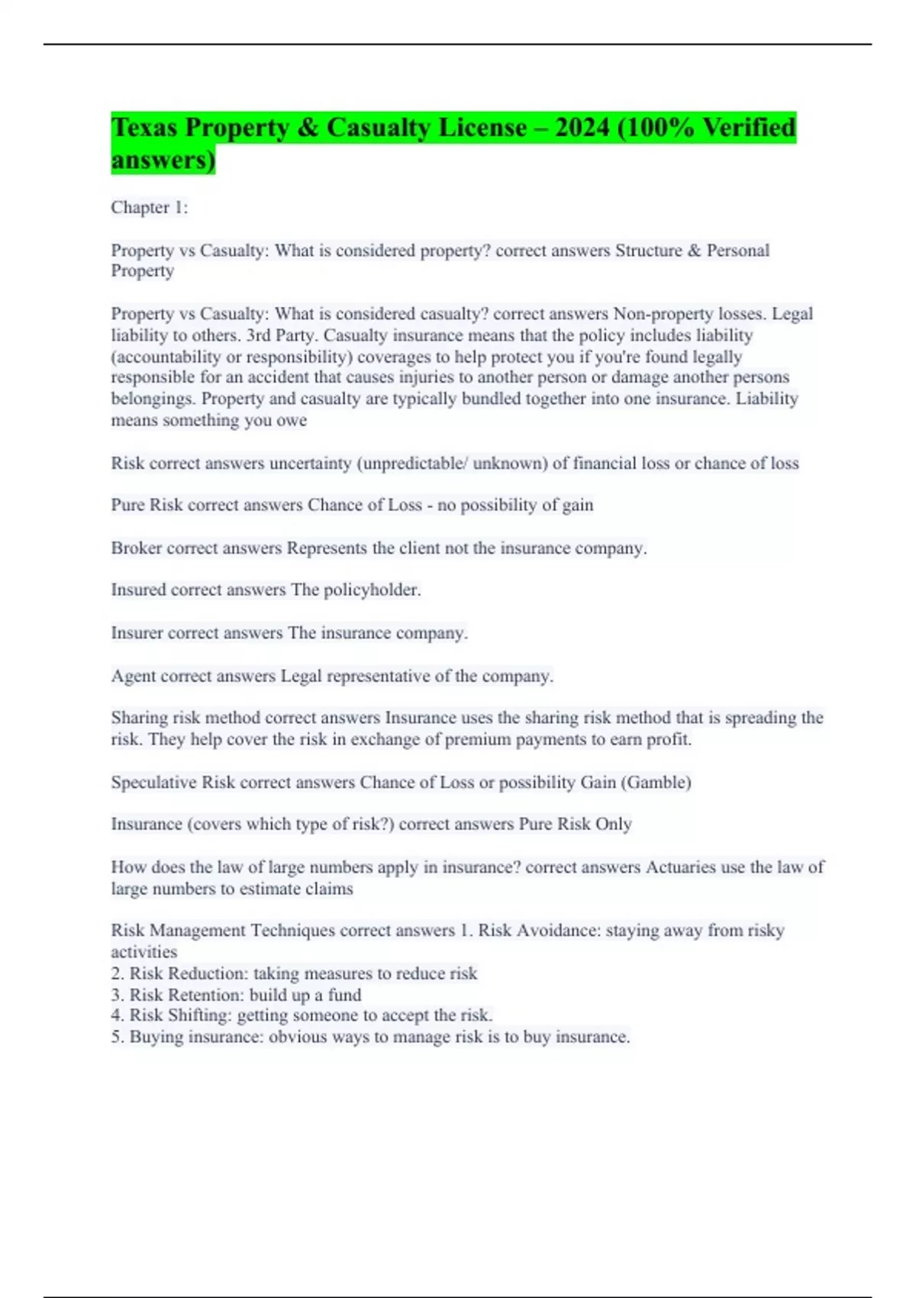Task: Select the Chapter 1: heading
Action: point(149,208)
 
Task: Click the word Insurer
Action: point(137,633)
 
